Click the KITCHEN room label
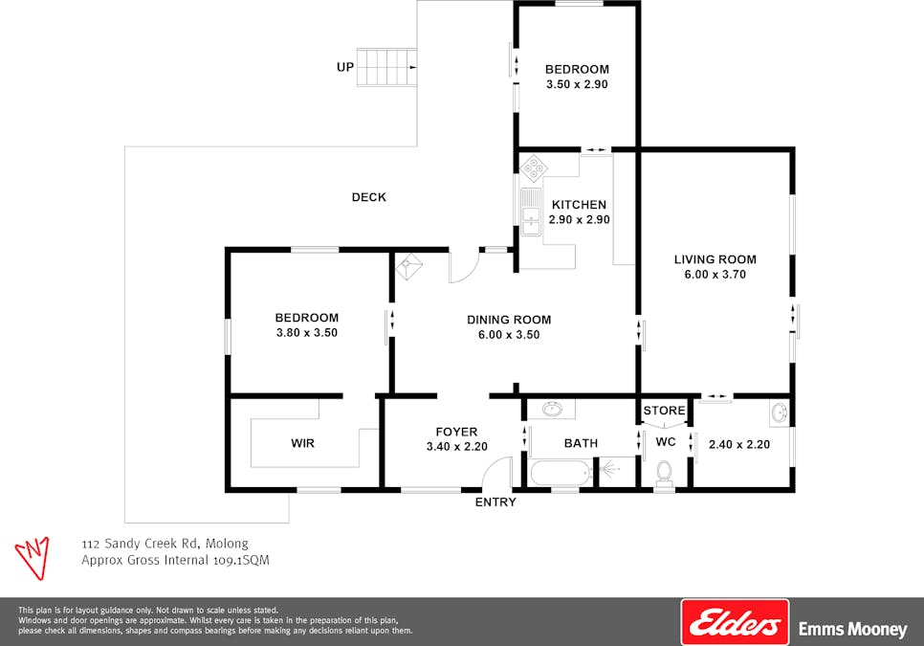click(579, 205)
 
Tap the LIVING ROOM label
click(715, 259)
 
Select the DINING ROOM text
click(509, 320)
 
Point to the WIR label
click(302, 444)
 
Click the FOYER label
click(456, 432)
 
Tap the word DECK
click(369, 197)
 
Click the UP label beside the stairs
click(345, 67)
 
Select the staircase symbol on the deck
click(387, 67)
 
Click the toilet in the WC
click(664, 474)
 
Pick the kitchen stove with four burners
click(533, 169)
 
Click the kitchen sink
click(529, 211)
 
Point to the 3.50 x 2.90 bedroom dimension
click(577, 84)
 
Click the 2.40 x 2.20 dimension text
click(738, 444)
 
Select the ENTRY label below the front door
click(495, 502)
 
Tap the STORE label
click(664, 411)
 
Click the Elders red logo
click(734, 622)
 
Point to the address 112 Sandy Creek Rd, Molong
click(165, 544)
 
